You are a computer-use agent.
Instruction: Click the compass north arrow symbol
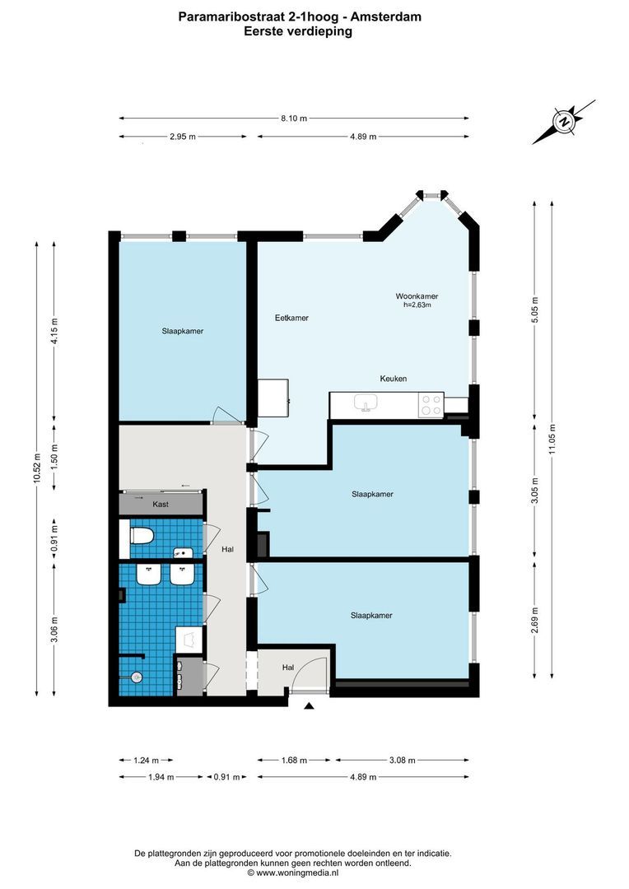click(x=564, y=122)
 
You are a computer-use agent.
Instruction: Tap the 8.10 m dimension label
click(x=294, y=118)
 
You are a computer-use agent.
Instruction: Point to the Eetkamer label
click(x=291, y=318)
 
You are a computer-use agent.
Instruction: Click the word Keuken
click(x=394, y=379)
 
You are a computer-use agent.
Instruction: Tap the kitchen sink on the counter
click(x=366, y=403)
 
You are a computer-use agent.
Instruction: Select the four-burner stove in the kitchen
click(x=431, y=404)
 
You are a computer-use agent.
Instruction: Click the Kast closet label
click(x=161, y=504)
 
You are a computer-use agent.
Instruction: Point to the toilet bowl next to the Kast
click(x=141, y=537)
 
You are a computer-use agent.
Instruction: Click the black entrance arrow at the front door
click(x=309, y=705)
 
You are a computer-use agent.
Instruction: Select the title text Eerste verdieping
click(x=297, y=31)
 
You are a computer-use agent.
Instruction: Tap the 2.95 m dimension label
click(x=183, y=137)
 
